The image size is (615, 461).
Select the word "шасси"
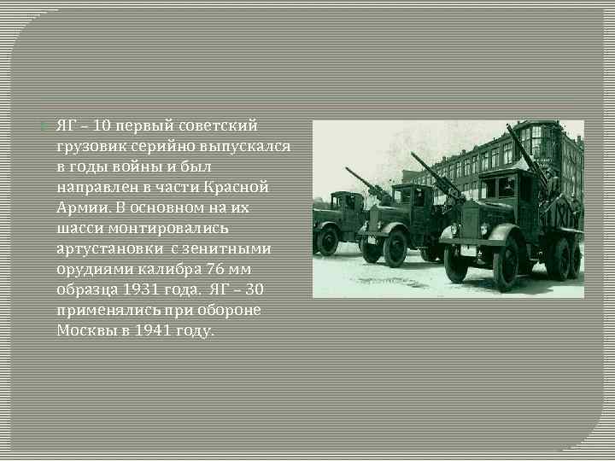click(77, 229)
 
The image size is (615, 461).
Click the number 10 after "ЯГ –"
click(101, 126)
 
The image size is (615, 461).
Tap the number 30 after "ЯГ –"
click(253, 290)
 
